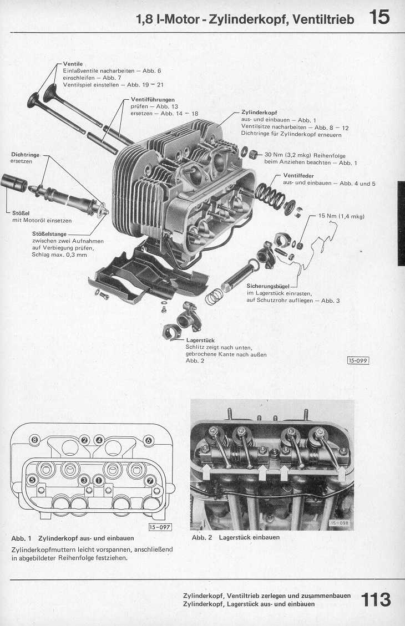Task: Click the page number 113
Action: point(376,599)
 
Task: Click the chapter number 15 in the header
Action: point(379,18)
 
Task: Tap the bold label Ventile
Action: point(73,64)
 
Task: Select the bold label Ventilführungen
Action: point(153,99)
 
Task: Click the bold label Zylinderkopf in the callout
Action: point(260,113)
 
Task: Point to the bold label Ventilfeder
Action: point(298,176)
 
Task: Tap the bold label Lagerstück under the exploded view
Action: point(200,340)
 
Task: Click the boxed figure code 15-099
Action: point(358,361)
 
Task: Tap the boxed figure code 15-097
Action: point(160,527)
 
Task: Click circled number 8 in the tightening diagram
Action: point(34,440)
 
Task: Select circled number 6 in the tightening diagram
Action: point(148,441)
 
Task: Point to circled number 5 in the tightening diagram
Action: point(32,480)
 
